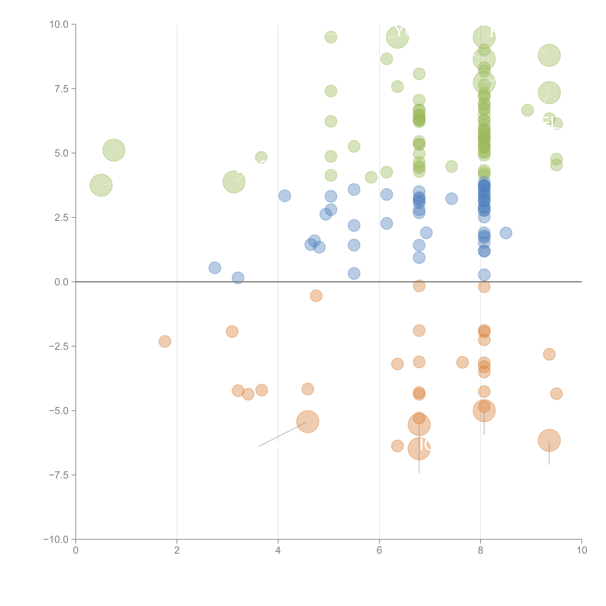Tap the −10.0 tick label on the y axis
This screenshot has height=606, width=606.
click(x=56, y=539)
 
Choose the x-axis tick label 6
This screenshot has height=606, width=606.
click(x=379, y=550)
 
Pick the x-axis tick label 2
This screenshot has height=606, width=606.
click(x=177, y=550)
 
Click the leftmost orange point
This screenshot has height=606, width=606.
click(x=165, y=341)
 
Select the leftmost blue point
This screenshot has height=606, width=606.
click(x=215, y=268)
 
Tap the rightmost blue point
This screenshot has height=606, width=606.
click(x=506, y=233)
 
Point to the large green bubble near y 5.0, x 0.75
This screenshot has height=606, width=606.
click(x=114, y=150)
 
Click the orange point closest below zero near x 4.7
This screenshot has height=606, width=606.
click(x=316, y=295)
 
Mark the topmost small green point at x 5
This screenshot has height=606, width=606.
click(x=331, y=37)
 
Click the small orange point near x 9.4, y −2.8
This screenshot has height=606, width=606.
click(x=549, y=354)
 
